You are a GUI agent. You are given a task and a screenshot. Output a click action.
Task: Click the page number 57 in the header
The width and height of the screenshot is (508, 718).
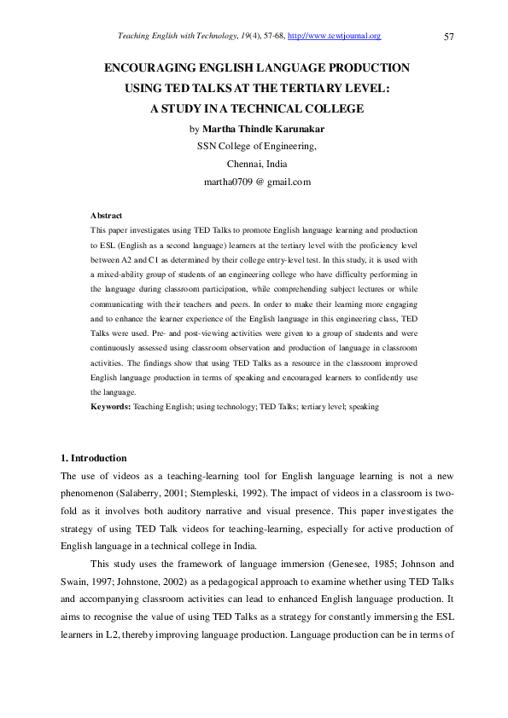pos(449,36)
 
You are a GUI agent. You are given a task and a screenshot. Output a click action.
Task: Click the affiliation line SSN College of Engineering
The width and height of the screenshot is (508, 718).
pos(257,146)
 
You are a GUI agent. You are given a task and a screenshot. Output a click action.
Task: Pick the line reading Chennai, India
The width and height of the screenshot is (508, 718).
pos(257,164)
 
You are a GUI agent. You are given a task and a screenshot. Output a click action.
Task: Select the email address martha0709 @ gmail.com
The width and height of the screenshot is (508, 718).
pos(257,182)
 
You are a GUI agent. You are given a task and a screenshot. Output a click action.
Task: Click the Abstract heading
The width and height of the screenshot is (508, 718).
pos(106,216)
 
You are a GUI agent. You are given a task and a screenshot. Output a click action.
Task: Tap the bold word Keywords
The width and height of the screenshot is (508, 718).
pos(110,408)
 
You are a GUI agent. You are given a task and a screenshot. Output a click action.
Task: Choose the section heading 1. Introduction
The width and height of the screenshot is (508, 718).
pos(93,459)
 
